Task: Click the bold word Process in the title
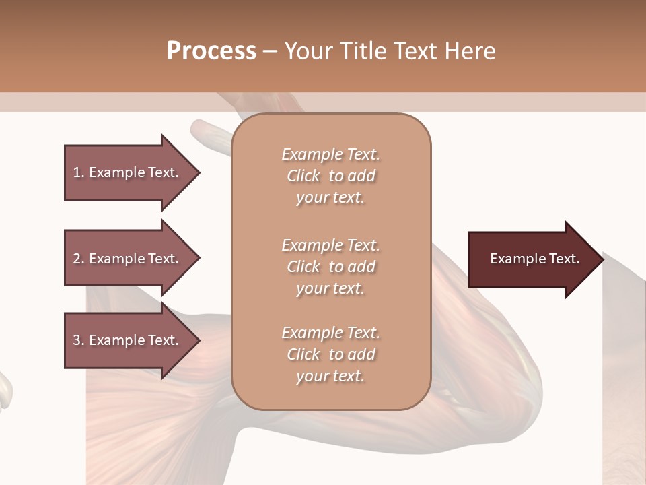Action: click(x=211, y=51)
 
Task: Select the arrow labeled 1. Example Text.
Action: click(x=128, y=172)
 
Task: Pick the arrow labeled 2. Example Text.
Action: click(x=128, y=259)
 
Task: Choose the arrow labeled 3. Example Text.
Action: click(x=128, y=340)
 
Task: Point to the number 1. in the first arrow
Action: click(x=79, y=172)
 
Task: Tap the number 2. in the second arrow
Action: click(x=79, y=259)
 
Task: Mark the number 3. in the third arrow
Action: click(x=79, y=340)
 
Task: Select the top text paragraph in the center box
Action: click(x=330, y=176)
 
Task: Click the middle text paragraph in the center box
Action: click(x=330, y=267)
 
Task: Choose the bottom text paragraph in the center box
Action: click(x=330, y=354)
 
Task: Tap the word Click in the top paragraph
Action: click(x=303, y=176)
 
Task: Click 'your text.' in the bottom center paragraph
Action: click(x=330, y=376)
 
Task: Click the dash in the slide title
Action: click(x=270, y=52)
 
